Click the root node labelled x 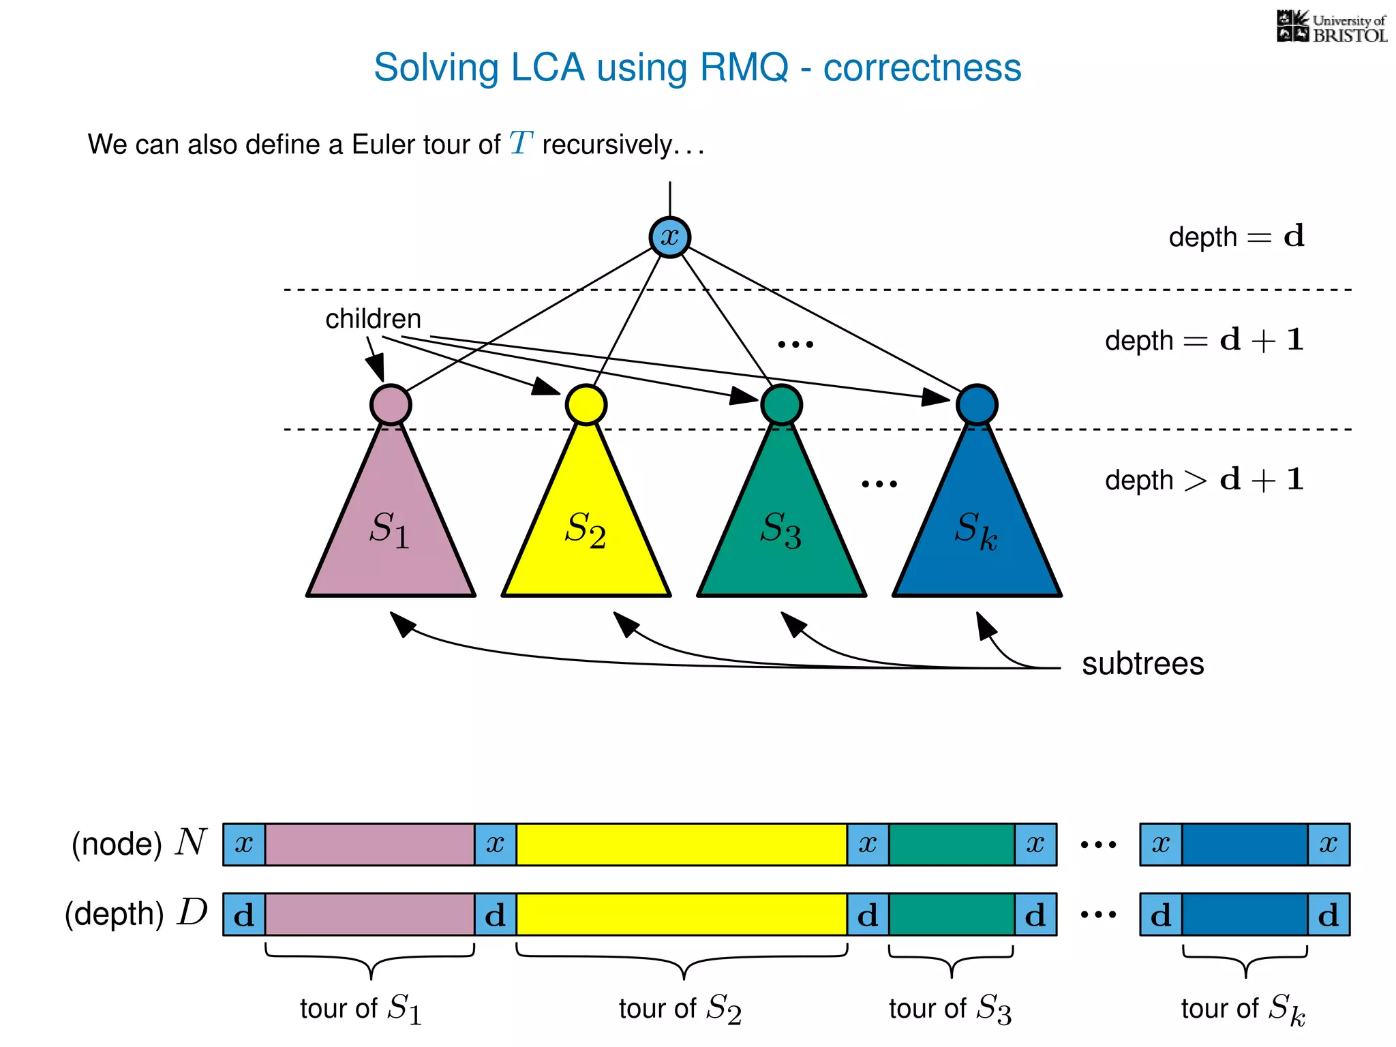click(669, 237)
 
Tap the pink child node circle click(391, 405)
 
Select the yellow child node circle click(586, 405)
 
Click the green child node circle click(781, 405)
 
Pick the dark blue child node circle click(977, 405)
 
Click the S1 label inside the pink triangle click(389, 530)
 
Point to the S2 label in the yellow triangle click(585, 530)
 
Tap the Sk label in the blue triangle click(975, 530)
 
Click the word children click(373, 319)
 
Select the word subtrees click(1142, 664)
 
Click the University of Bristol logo click(1331, 27)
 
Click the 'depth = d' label click(1236, 237)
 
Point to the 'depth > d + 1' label click(1204, 480)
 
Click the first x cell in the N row click(244, 845)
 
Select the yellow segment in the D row click(682, 914)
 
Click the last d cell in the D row click(1329, 914)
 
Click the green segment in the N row click(952, 845)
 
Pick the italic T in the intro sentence click(521, 144)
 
